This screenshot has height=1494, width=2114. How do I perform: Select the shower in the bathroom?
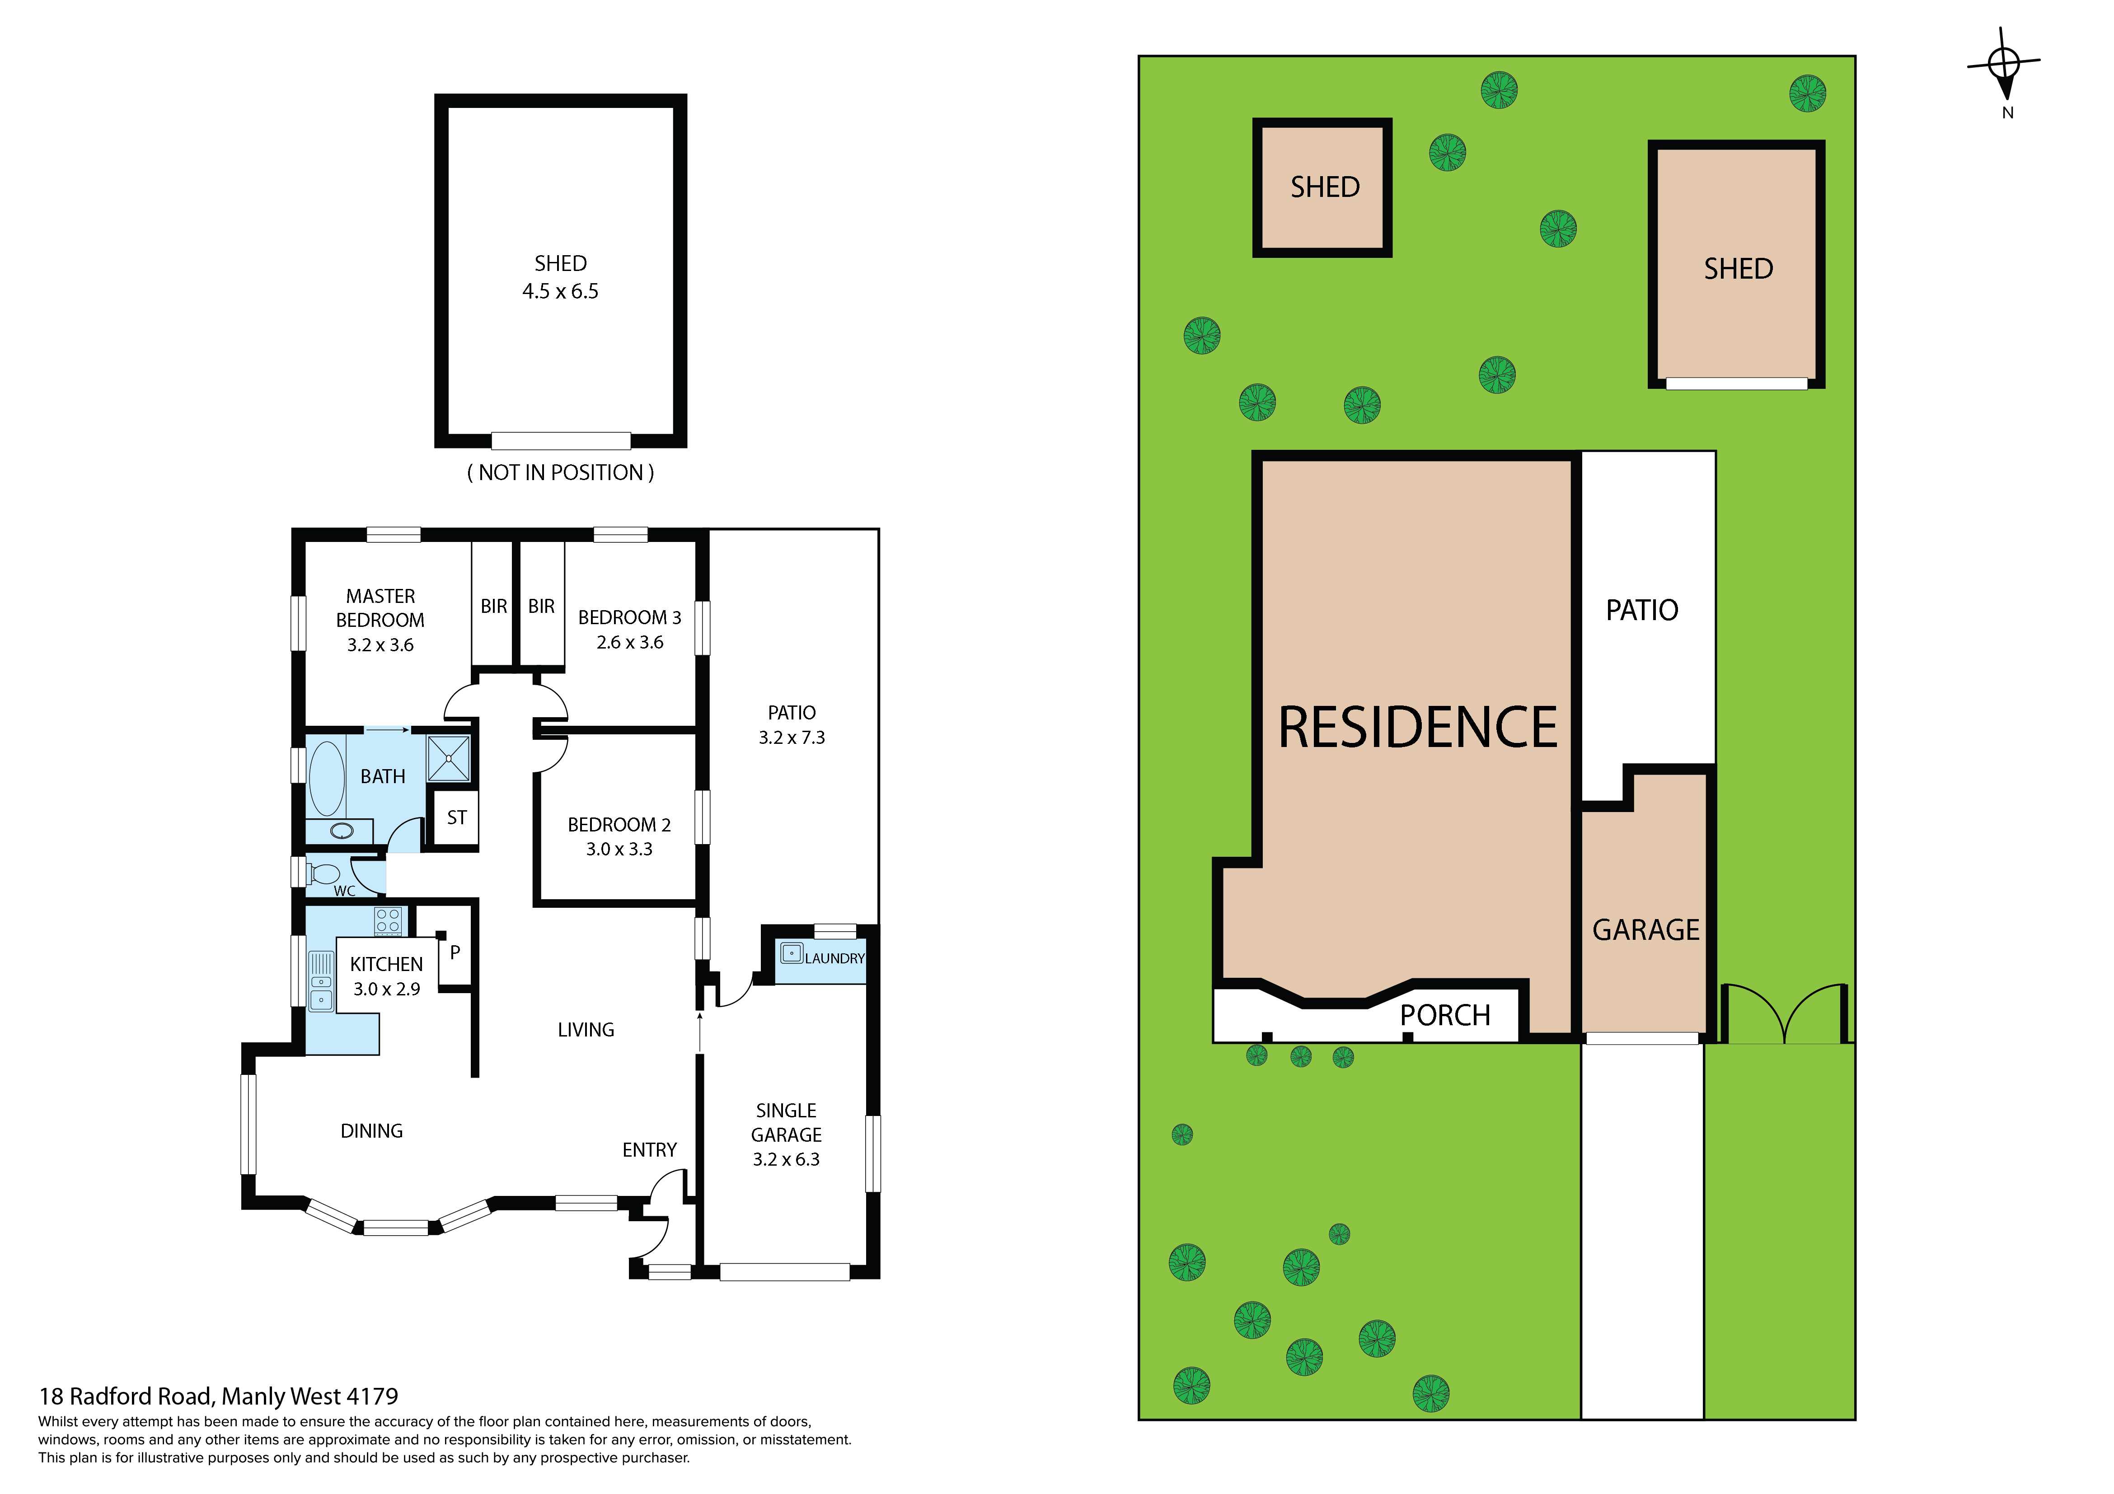[449, 758]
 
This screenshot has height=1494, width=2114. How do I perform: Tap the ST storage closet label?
[457, 817]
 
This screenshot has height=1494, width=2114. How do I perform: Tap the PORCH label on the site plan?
[1444, 1015]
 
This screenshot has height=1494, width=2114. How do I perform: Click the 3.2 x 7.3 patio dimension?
[792, 738]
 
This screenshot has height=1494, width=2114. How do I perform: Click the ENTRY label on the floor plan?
[649, 1150]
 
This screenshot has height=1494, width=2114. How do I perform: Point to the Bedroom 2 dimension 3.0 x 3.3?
[620, 849]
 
